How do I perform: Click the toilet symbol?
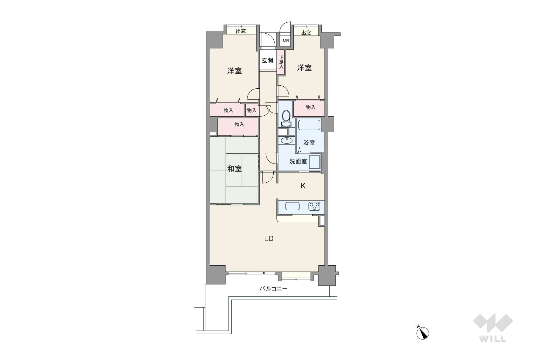click(x=286, y=118)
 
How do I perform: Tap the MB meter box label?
click(x=286, y=41)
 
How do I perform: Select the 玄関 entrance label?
click(x=267, y=61)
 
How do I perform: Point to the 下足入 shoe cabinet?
click(x=281, y=62)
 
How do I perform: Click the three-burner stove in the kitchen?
click(x=315, y=206)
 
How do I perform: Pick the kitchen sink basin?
click(x=292, y=206)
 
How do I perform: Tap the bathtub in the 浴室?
click(x=309, y=125)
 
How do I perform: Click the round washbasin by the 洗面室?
click(x=286, y=140)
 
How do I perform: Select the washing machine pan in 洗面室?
click(x=315, y=162)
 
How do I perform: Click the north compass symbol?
click(x=423, y=333)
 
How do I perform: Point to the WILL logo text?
click(x=493, y=339)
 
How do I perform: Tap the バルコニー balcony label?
click(x=273, y=288)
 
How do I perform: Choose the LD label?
click(x=269, y=238)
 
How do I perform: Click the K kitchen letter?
click(x=303, y=186)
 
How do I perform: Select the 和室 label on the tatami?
click(x=234, y=168)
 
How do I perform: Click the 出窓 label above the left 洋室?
click(x=241, y=31)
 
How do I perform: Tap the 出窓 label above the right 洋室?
click(x=306, y=33)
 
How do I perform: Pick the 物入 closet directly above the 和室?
click(x=238, y=127)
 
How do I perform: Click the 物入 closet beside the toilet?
click(x=309, y=108)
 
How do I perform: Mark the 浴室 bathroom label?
click(x=309, y=142)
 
